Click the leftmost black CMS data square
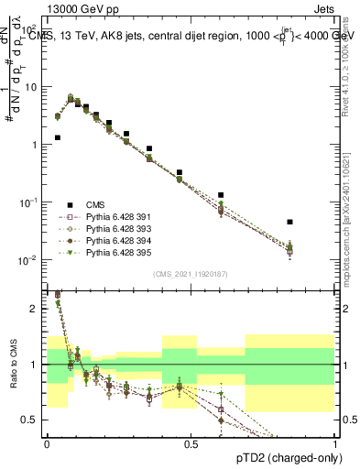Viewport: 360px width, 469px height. point(58,137)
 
